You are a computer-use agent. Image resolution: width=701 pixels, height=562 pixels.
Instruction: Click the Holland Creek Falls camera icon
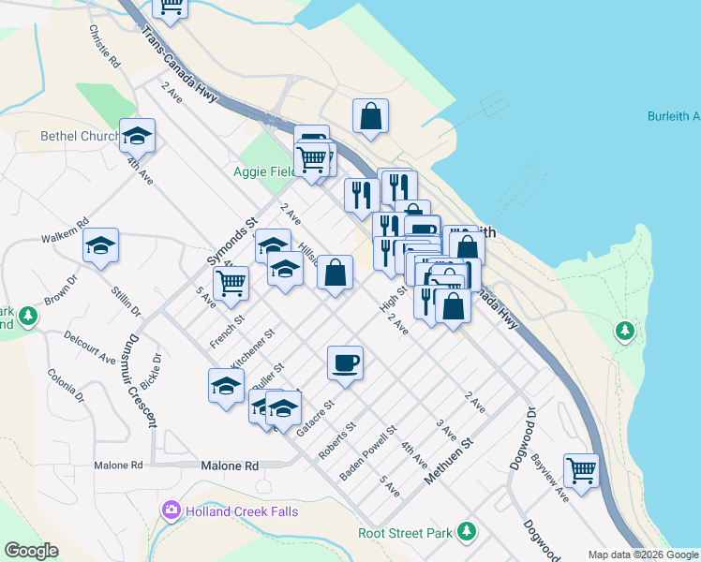172,510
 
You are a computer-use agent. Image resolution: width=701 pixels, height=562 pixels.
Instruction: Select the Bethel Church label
79,136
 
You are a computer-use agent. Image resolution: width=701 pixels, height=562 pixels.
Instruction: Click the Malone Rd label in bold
230,466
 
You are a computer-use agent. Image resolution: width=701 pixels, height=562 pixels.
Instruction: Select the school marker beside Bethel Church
137,137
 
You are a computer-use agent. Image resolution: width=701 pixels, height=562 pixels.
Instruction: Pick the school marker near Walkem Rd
100,246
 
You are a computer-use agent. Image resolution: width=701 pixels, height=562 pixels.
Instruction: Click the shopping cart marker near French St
230,283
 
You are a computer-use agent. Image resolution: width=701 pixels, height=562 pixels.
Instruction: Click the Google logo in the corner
31,551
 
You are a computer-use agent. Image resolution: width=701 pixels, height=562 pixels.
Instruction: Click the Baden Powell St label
368,455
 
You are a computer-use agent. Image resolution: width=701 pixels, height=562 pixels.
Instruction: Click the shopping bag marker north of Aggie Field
371,117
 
